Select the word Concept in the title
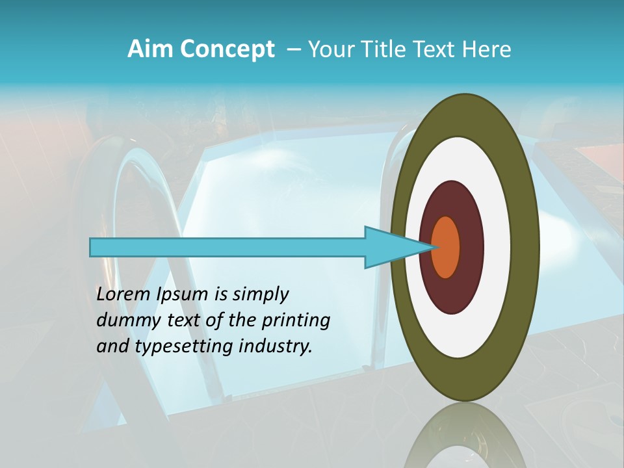point(227,49)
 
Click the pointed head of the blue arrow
point(390,247)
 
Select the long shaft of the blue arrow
point(227,247)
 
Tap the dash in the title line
point(293,50)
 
